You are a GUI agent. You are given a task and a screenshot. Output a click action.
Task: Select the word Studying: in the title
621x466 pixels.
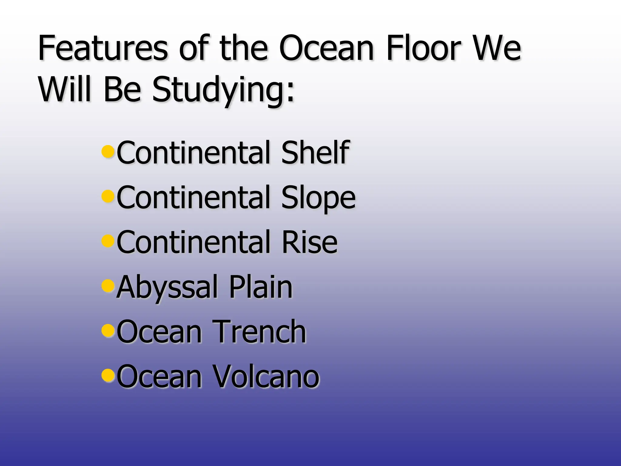click(223, 90)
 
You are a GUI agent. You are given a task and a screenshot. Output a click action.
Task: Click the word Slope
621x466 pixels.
click(318, 198)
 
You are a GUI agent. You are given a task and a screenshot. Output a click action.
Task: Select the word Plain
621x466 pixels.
click(261, 286)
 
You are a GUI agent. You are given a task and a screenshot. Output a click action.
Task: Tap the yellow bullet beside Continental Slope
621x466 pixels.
click(108, 196)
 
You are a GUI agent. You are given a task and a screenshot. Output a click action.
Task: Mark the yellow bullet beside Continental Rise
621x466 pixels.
click(108, 240)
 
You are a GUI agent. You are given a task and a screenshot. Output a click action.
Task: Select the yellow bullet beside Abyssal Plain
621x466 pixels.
click(108, 285)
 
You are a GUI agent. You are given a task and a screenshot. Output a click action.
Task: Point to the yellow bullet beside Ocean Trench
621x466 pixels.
click(108, 329)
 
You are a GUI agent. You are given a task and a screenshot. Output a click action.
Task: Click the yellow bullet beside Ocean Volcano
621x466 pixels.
click(108, 374)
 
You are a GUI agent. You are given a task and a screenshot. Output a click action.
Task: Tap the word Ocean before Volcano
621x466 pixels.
click(159, 376)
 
